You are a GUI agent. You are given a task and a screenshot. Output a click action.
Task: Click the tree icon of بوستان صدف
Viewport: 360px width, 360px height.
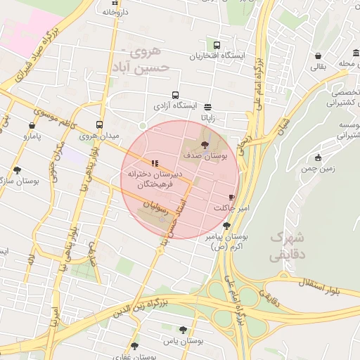205,143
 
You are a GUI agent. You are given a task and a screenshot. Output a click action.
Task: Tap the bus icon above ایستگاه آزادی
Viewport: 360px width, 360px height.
175,95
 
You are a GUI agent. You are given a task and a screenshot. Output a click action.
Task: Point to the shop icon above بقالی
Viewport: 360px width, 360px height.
319,56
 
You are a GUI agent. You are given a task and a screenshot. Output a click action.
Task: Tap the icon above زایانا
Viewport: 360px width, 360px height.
208,107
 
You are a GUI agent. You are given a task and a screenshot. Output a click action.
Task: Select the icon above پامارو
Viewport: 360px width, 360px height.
30,121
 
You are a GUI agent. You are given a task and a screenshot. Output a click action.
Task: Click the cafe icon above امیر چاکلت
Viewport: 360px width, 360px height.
231,198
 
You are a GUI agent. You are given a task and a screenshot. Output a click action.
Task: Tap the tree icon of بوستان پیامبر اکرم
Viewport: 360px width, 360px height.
226,226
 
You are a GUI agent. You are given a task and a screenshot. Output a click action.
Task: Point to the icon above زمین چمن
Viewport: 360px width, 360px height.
318,157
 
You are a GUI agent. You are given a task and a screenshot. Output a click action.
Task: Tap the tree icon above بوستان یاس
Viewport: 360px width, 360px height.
184,329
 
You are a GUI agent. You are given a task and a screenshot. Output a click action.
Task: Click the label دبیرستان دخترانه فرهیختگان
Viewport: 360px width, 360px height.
154,179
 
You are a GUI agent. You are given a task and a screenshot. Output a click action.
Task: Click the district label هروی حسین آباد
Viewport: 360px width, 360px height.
144,59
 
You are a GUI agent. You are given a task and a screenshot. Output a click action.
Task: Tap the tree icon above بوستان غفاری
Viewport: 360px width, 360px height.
135,345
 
